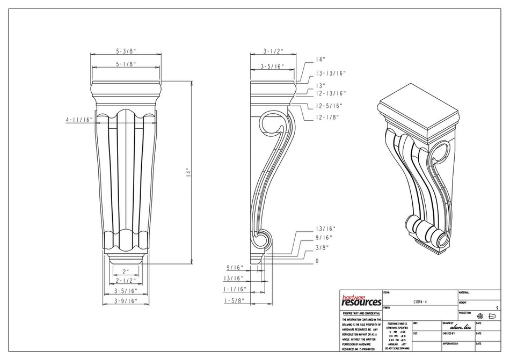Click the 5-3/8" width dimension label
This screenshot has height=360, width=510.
(126, 51)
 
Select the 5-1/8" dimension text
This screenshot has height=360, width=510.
(126, 64)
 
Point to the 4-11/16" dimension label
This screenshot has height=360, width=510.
(79, 120)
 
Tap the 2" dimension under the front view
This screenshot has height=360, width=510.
(126, 271)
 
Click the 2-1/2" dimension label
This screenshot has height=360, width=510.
(126, 281)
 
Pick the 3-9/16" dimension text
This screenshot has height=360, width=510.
(126, 300)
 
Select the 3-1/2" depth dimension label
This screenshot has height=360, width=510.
(273, 51)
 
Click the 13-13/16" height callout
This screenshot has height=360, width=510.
(331, 74)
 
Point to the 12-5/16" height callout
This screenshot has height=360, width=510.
(329, 106)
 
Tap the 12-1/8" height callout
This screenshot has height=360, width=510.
(326, 118)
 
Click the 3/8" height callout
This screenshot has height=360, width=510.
(322, 247)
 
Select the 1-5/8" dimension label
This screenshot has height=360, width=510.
(235, 300)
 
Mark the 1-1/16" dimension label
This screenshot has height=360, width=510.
(235, 289)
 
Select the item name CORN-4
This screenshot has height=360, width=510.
(420, 302)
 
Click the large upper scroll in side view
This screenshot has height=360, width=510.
(272, 127)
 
